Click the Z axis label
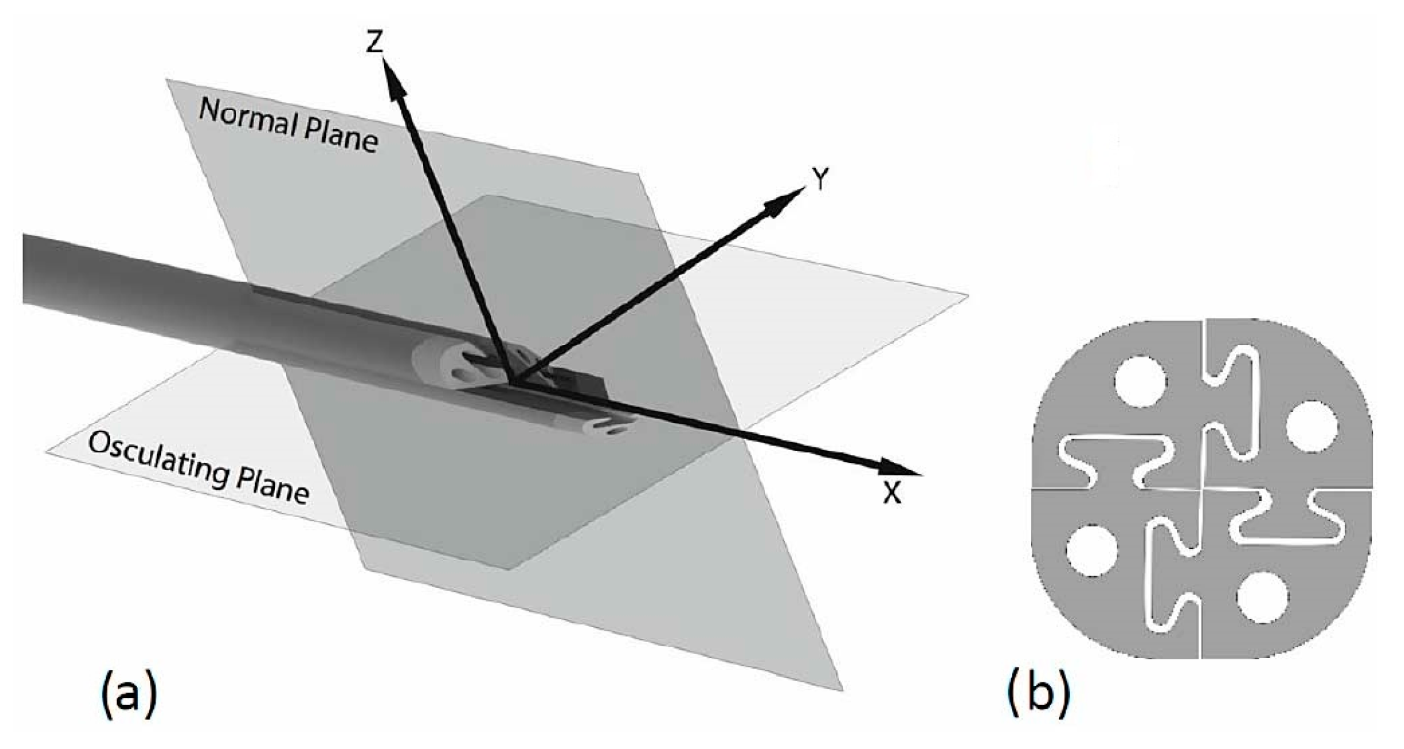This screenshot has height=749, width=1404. pyautogui.click(x=375, y=43)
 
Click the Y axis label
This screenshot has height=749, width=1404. pyautogui.click(x=818, y=180)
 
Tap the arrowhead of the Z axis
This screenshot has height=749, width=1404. pyautogui.click(x=393, y=79)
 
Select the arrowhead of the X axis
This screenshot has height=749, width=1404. pyautogui.click(x=898, y=468)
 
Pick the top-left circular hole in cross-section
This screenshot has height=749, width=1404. pyautogui.click(x=1141, y=381)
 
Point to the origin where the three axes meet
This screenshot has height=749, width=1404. pyautogui.click(x=512, y=383)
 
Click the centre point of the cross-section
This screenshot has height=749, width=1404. pyautogui.click(x=1201, y=488)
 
